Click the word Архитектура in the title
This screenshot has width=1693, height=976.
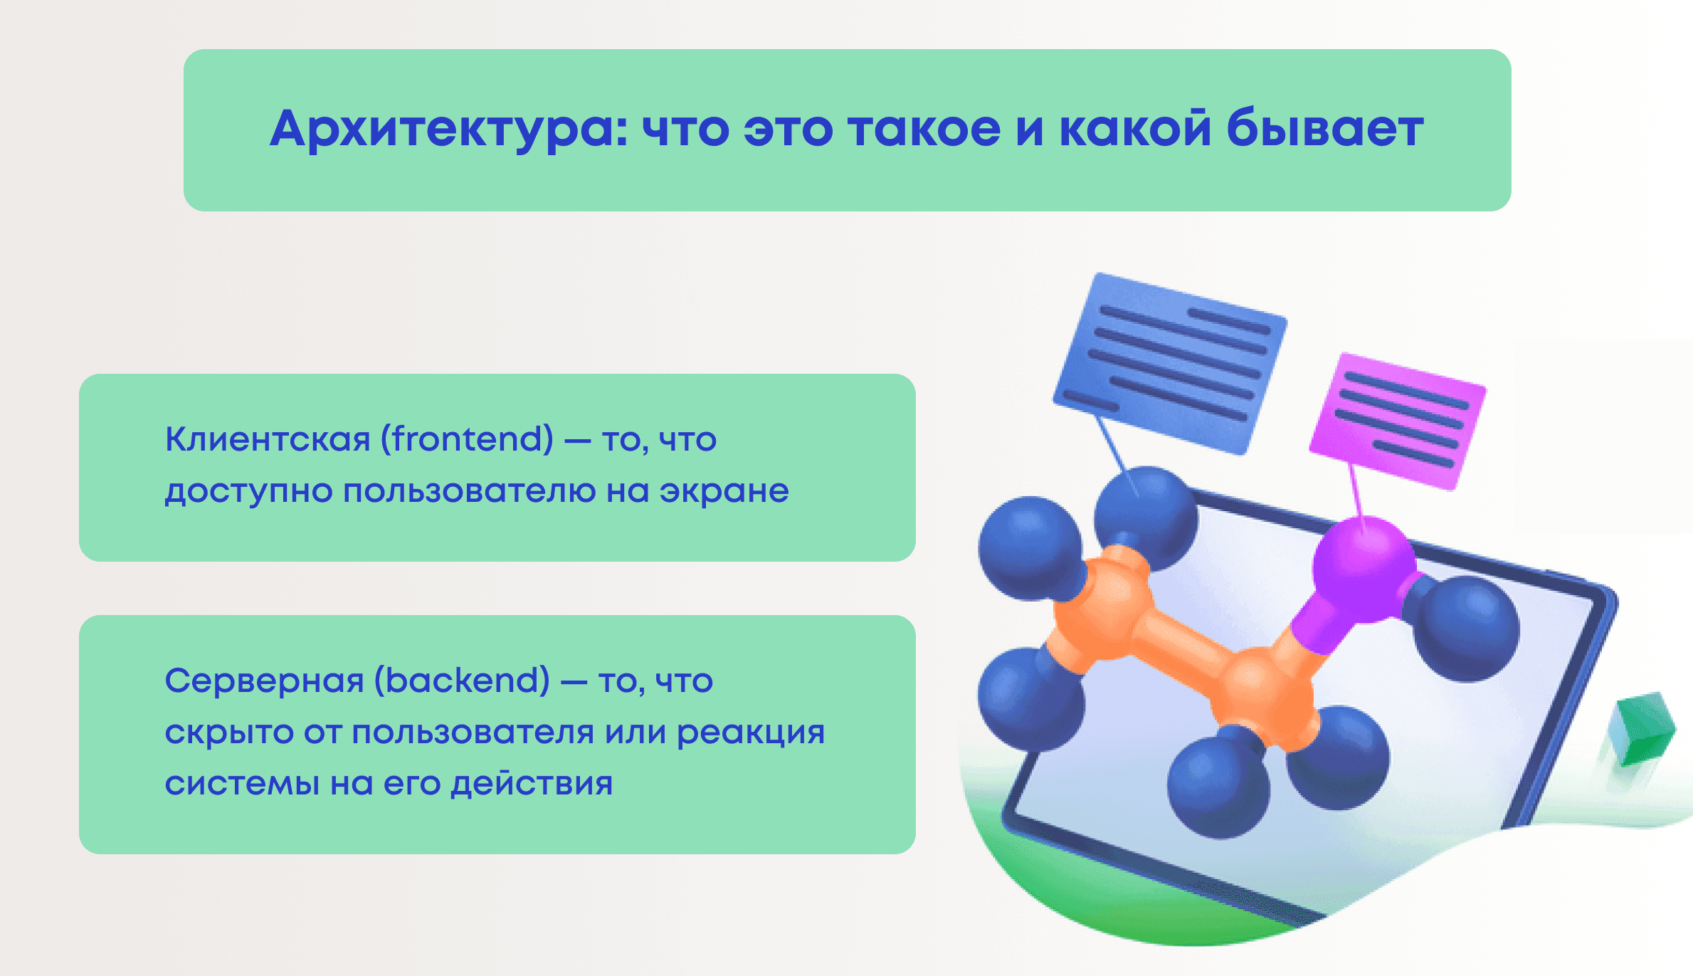[x=448, y=130]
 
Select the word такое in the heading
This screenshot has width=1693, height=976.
[x=924, y=130]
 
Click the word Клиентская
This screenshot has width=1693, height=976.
[x=268, y=439]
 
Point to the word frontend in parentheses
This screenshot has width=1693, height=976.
[x=467, y=439]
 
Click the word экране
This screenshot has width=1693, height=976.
[x=724, y=491]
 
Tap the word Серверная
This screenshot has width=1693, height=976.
[x=264, y=681]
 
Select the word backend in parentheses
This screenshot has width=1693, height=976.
[x=462, y=681]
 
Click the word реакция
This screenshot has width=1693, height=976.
[x=750, y=733]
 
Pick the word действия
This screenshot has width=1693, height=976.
[x=532, y=784]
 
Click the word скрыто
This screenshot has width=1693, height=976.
[x=229, y=733]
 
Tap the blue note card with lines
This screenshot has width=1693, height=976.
[x=1169, y=364]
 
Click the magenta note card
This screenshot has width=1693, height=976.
[x=1397, y=421]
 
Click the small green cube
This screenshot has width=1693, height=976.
[x=1642, y=728]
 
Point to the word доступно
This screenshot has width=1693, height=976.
[x=249, y=491]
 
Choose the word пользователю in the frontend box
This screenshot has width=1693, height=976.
[x=469, y=491]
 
